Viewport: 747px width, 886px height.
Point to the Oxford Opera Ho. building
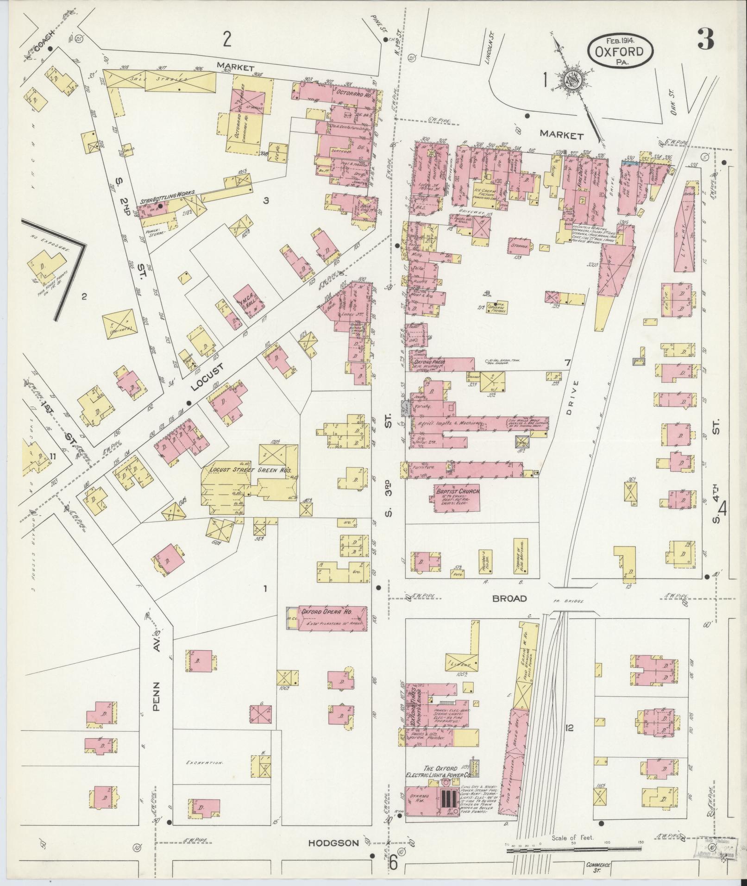328,618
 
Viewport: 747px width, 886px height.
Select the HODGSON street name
333,843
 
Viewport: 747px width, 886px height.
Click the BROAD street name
509,598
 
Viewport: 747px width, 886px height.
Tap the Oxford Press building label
429,362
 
